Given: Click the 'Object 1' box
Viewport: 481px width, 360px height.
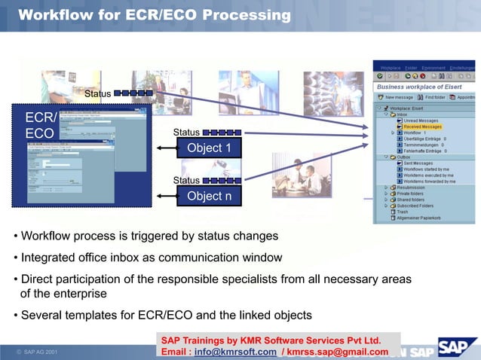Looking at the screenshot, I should click(x=209, y=148).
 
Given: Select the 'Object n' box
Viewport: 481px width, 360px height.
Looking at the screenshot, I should click(x=209, y=197).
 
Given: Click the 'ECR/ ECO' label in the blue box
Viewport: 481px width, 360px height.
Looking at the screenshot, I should click(x=40, y=126).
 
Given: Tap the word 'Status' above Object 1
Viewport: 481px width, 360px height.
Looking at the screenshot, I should click(x=186, y=133).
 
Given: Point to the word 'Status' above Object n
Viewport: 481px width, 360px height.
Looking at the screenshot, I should click(x=186, y=181).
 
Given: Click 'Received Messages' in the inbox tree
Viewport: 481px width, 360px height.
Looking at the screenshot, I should click(x=422, y=127).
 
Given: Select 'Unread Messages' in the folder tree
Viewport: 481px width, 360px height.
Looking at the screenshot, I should click(x=421, y=121).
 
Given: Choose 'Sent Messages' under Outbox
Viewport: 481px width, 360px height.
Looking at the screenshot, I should click(x=418, y=163).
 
